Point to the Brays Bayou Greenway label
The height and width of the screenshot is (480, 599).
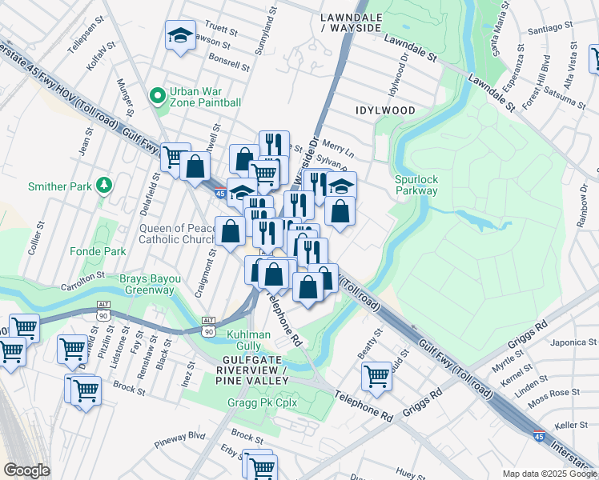click(x=147, y=284)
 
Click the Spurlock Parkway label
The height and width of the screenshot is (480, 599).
click(x=416, y=185)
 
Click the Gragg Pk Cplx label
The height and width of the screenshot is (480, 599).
click(x=262, y=402)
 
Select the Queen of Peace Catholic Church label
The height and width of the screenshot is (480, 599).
click(x=177, y=233)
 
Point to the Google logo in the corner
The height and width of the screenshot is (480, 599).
click(x=26, y=470)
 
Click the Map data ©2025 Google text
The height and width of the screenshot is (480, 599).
click(x=549, y=474)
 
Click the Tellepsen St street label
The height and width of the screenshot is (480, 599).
click(x=86, y=38)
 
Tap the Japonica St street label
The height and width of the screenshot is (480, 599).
click(x=573, y=342)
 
